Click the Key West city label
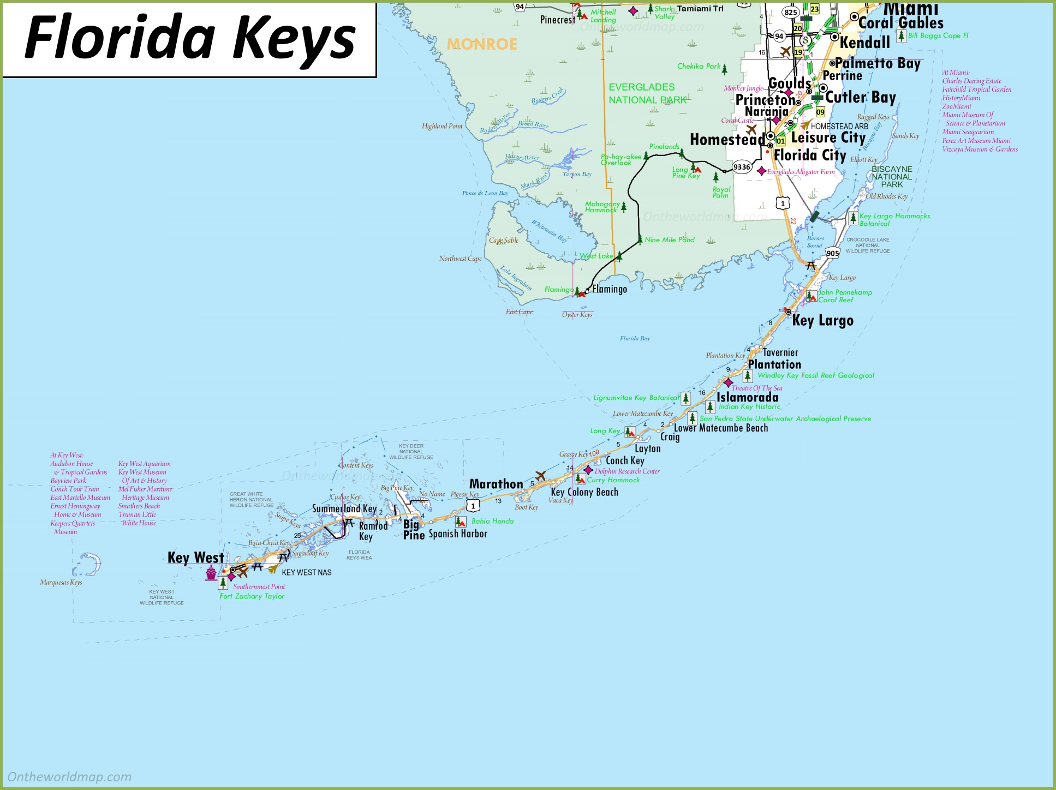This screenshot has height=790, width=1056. [x=195, y=558]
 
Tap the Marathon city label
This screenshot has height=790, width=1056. [x=496, y=484]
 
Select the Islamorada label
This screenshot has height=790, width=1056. [x=747, y=397]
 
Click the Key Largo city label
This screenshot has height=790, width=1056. [x=822, y=320]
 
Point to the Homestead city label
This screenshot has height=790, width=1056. [x=726, y=140]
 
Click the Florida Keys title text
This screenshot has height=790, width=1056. [x=189, y=38]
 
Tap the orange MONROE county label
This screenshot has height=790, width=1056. [x=481, y=44]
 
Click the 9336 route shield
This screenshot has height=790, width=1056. [x=742, y=167]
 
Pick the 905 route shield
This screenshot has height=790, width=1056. [x=832, y=253]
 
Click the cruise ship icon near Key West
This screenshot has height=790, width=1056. [x=211, y=573]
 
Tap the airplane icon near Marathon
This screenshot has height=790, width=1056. [x=541, y=476]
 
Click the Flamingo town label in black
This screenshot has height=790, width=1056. [x=610, y=289]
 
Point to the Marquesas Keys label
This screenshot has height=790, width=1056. [x=61, y=583]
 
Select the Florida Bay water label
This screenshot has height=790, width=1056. [x=635, y=339]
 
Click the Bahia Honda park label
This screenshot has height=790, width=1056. [x=492, y=521]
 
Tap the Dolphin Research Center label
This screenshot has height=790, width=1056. [x=627, y=471]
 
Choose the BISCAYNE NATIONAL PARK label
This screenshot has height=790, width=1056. [x=891, y=177]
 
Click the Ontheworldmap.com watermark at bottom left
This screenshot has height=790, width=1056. [x=69, y=777]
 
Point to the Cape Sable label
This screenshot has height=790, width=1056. [x=503, y=240]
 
